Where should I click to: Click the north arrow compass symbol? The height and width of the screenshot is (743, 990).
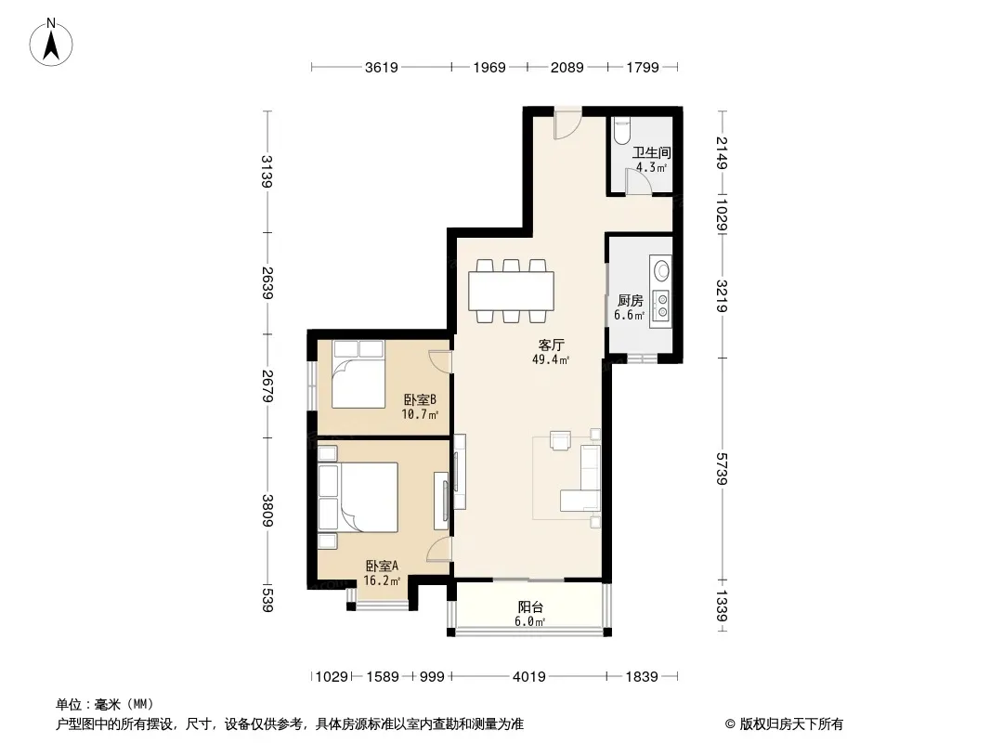coord(51,43)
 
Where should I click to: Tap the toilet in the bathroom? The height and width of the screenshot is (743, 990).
coord(622,130)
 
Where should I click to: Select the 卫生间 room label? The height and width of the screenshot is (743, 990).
coord(652,152)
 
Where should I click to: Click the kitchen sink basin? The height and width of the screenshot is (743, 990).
coord(661,271)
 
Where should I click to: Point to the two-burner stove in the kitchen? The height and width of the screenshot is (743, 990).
coord(661,306)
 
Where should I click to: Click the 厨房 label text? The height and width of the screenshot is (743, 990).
coord(630,301)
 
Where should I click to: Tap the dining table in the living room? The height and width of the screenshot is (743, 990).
coord(512,291)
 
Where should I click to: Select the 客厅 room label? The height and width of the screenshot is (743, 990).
coord(552,345)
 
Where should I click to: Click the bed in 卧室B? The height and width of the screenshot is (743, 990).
coord(358,374)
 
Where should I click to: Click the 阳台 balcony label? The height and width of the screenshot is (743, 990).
coord(530,606)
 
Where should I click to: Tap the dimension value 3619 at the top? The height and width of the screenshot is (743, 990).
coord(382,67)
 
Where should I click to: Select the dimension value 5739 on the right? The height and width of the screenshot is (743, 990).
coord(722,468)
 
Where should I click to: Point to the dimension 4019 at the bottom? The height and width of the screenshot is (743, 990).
coord(529,677)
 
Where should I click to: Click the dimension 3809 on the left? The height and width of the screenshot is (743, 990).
coord(267,510)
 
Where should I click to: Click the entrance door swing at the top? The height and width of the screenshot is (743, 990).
coord(567,125)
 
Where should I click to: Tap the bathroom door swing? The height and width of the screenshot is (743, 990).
coord(638,182)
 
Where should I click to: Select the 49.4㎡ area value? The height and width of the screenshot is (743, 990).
coord(551,359)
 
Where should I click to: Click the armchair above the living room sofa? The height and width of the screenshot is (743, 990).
coord(561,440)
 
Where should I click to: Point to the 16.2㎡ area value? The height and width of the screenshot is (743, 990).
coord(382,580)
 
